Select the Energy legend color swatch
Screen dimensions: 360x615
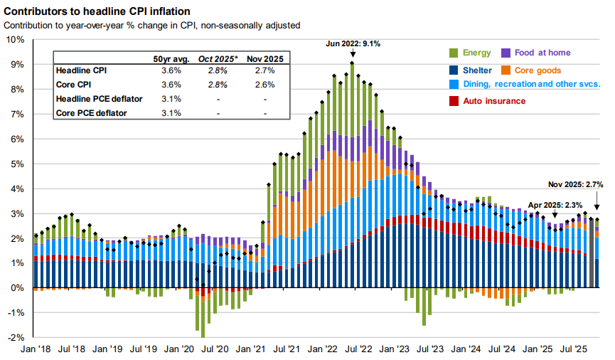454,53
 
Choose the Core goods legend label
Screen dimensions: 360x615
538,70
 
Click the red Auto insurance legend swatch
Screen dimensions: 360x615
454,101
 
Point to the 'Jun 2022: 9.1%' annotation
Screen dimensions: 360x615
353,43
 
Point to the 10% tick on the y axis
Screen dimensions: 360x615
15,39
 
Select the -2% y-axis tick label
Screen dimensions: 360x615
15,338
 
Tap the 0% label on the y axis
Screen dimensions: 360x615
18,288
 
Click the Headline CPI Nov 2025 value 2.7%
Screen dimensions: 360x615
264,71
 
